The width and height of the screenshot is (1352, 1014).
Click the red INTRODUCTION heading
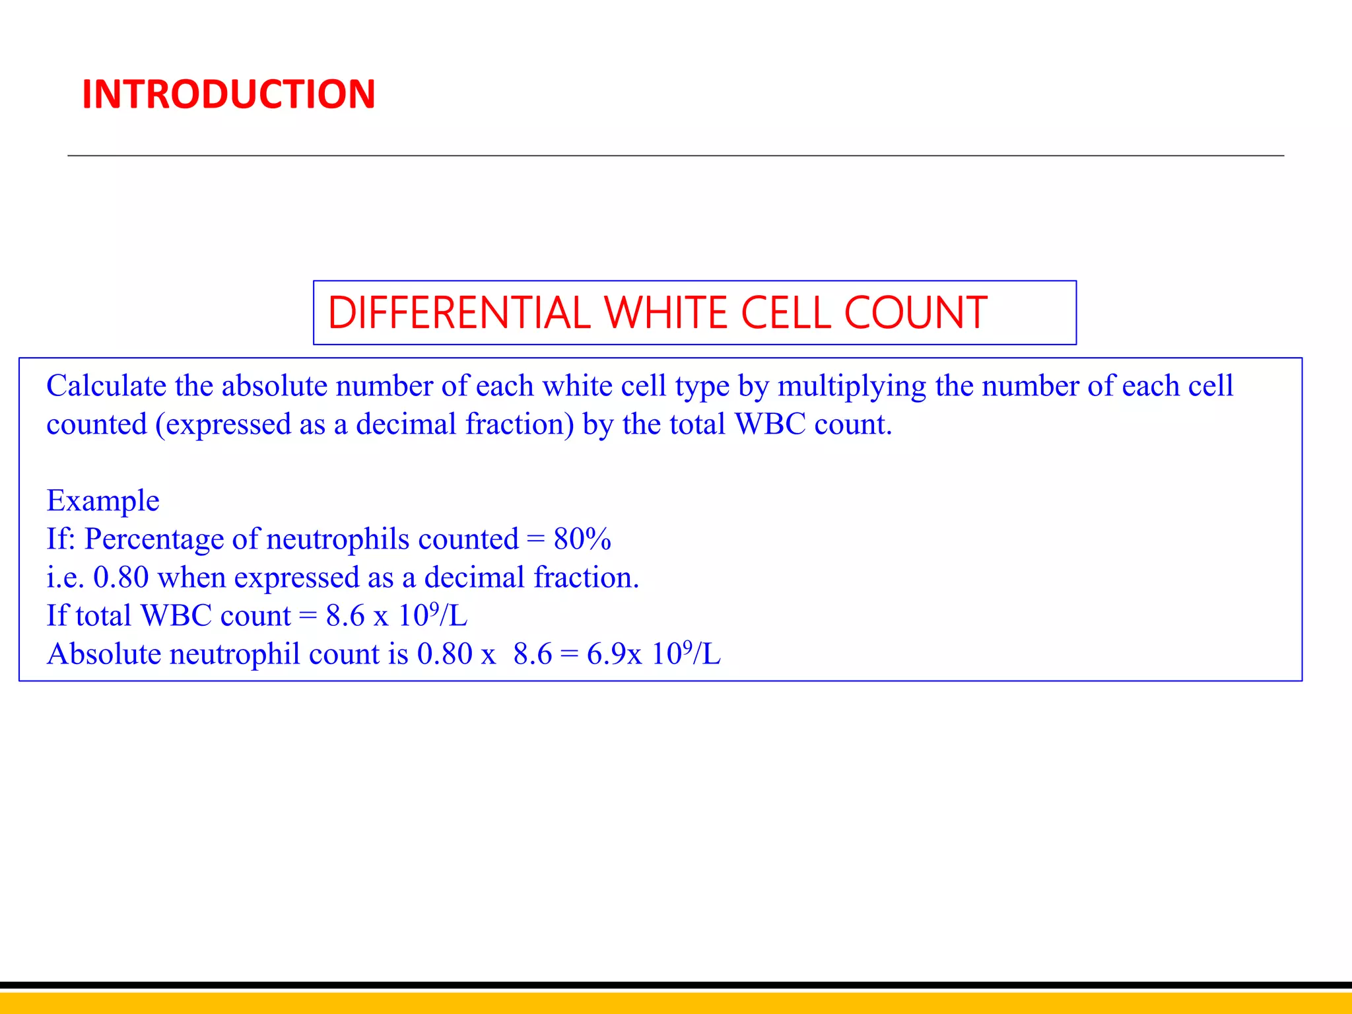[228, 94]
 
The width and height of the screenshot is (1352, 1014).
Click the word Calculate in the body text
[106, 386]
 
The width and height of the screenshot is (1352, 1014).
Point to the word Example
[103, 501]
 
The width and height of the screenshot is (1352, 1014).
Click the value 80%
[582, 539]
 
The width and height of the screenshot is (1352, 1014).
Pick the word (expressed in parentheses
[224, 425]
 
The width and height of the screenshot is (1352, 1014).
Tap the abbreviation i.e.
[65, 578]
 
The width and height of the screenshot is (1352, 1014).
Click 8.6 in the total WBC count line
[345, 616]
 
